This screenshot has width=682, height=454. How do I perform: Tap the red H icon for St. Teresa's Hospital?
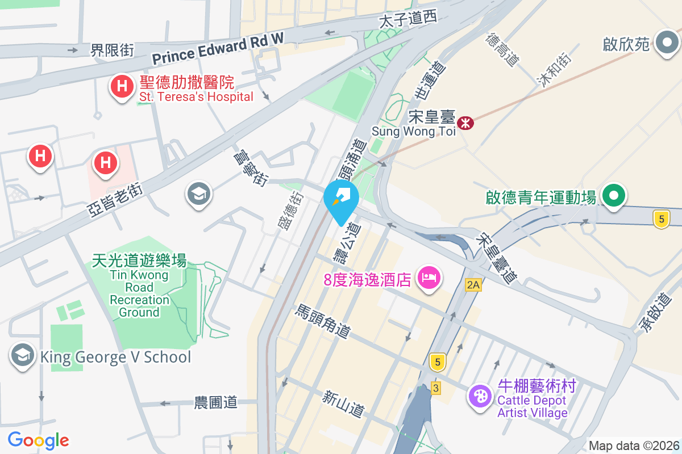click(121, 87)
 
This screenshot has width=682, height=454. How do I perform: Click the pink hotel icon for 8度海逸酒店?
click(428, 278)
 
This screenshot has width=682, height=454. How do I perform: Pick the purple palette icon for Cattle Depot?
click(480, 396)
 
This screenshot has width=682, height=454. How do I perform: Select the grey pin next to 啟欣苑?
click(666, 43)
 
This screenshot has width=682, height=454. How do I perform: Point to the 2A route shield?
click(473, 285)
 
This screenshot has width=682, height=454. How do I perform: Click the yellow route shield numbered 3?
click(436, 388)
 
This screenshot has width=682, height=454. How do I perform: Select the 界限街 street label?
click(112, 51)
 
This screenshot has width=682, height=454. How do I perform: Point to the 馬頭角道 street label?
click(322, 321)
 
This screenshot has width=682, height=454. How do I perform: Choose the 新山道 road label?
click(343, 403)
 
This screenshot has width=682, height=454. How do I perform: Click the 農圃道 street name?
click(215, 403)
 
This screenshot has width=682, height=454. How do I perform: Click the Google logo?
click(38, 440)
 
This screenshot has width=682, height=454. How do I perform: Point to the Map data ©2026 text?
click(634, 445)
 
